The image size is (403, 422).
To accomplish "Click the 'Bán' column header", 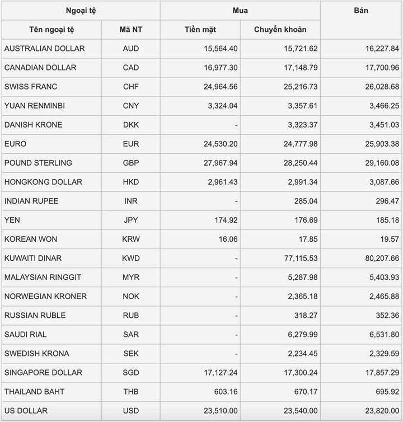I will [361, 11].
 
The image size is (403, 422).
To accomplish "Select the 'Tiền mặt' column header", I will [200, 30].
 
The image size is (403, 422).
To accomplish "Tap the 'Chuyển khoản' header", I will [280, 30].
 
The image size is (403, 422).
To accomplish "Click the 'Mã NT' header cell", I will [131, 30].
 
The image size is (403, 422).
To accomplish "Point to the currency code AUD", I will [131, 49].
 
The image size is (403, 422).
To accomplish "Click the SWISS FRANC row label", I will [31, 87].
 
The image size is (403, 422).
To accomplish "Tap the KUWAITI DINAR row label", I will [33, 258].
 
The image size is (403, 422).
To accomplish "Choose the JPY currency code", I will [131, 220].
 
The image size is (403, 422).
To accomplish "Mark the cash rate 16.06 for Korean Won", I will [227, 239].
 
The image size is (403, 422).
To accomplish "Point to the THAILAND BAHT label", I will [34, 392].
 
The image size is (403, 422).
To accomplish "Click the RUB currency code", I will [131, 316].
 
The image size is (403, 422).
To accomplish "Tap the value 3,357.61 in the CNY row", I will [301, 106].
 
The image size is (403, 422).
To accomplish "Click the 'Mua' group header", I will [240, 11].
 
